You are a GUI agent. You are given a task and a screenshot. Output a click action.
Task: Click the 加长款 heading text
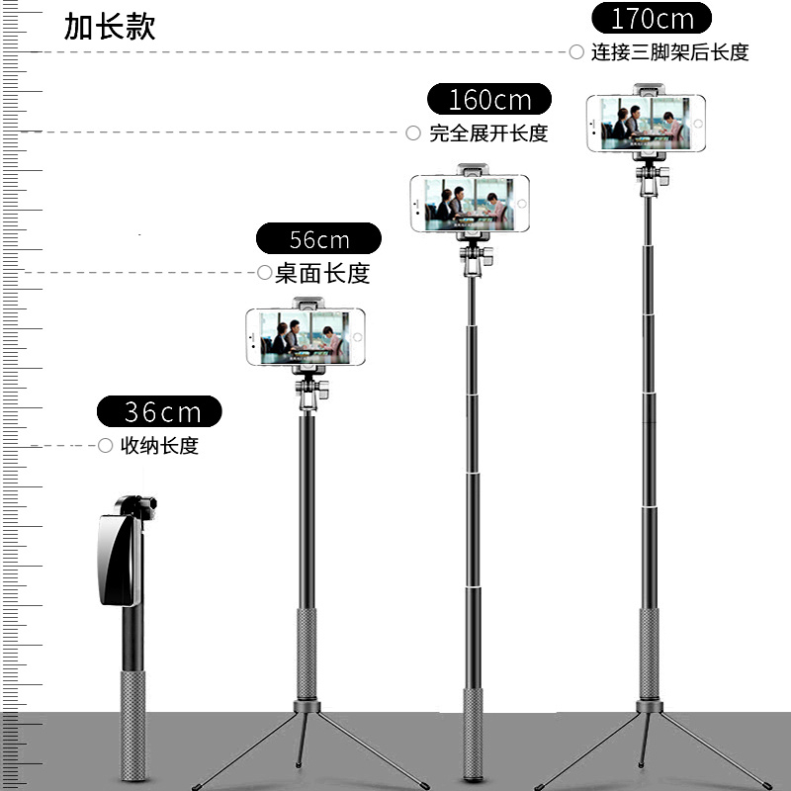tap(110, 27)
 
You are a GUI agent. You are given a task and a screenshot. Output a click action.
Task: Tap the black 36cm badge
tap(159, 411)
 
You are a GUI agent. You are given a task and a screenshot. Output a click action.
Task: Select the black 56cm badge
tap(318, 239)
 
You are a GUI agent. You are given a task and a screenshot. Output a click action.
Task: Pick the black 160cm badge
tap(489, 100)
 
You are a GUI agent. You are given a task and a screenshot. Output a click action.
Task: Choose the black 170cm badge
tap(652, 19)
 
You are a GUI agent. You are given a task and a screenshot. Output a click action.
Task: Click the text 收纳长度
tap(159, 446)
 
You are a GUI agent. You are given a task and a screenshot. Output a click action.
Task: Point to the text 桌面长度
tap(322, 273)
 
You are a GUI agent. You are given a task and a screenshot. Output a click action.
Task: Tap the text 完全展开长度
tap(488, 133)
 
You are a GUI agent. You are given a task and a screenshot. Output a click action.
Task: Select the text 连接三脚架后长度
tap(669, 52)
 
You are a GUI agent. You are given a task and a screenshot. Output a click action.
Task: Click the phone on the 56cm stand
tap(306, 336)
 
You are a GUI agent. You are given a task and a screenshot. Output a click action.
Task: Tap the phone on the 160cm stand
tap(470, 204)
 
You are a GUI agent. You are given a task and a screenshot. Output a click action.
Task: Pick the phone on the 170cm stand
tap(646, 124)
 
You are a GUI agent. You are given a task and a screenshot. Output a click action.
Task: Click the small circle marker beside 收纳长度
tap(106, 446)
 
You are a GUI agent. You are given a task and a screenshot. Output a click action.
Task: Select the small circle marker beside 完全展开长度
tap(413, 132)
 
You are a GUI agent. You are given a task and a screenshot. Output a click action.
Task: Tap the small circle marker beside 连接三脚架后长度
tap(576, 52)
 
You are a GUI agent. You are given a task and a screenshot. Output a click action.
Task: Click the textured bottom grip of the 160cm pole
tap(474, 732)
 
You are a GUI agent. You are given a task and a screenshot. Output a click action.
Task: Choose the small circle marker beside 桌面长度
tap(264, 272)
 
